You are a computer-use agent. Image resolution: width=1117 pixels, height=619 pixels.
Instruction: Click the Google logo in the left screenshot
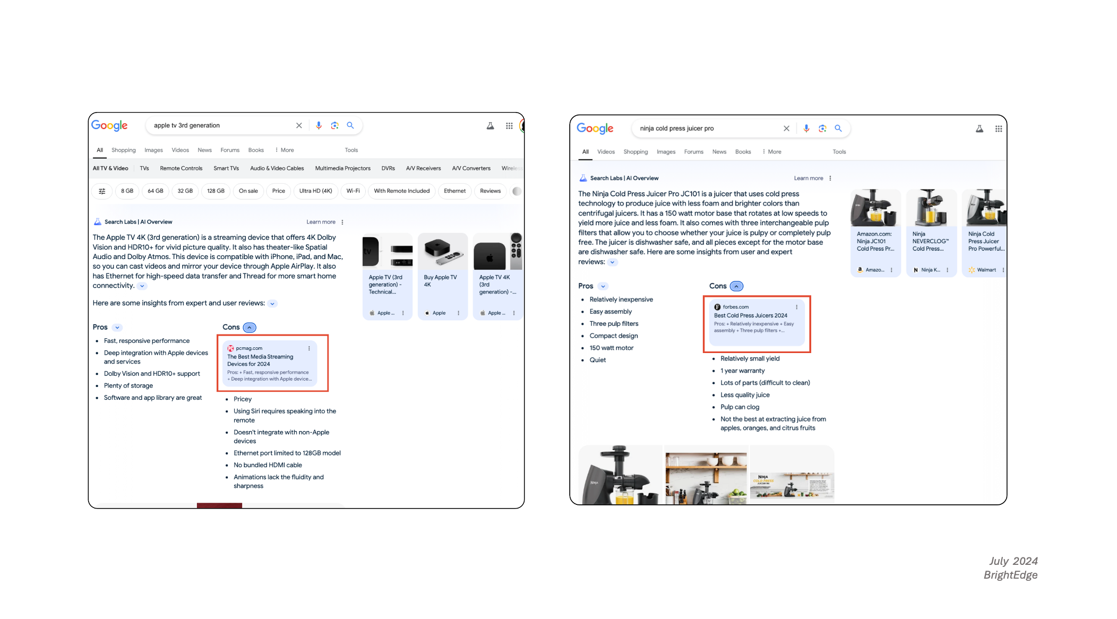[109, 125]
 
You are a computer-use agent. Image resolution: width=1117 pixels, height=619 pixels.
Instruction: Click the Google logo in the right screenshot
[595, 128]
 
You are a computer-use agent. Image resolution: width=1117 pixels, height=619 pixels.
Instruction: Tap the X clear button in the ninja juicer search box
[786, 128]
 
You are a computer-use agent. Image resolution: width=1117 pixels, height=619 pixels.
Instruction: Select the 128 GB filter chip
[216, 191]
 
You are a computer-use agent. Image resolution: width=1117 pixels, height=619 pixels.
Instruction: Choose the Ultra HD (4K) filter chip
[315, 191]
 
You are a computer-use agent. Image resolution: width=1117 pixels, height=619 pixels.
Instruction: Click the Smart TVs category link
[226, 168]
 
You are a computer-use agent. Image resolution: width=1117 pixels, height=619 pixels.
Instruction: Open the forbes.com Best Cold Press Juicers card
[756, 319]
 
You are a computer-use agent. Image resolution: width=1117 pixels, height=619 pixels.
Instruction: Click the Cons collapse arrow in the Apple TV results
[250, 328]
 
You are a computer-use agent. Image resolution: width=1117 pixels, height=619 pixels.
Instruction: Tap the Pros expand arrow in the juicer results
[603, 286]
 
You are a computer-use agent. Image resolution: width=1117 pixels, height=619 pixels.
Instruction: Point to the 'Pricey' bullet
[243, 399]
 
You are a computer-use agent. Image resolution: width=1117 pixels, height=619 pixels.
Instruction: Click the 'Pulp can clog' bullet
[740, 407]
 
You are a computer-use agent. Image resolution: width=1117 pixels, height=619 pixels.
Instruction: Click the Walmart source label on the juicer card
[986, 270]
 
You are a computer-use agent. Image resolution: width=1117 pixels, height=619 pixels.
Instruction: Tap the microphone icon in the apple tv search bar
[319, 125]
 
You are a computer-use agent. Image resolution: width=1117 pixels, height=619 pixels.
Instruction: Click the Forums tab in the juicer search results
[693, 152]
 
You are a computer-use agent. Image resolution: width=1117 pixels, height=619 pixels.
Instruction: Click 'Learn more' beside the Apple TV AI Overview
[321, 222]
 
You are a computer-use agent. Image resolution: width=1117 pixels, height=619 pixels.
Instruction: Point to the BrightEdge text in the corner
[1010, 575]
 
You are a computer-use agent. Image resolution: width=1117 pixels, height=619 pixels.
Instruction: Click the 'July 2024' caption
[1013, 561]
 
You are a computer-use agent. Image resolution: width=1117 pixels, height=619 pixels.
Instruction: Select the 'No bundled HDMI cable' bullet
[268, 465]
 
